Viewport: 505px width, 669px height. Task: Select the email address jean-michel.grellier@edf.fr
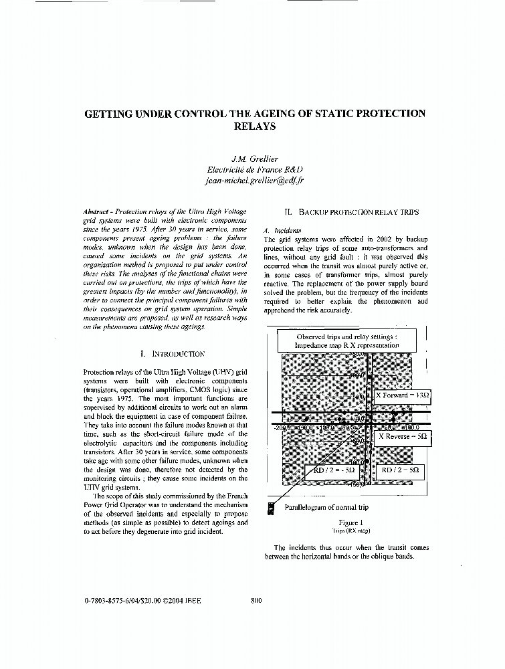coord(254,181)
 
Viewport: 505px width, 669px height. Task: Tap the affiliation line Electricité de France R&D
coord(254,170)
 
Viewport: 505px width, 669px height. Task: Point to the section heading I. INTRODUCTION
coord(173,353)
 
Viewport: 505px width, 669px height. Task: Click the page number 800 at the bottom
coord(256,600)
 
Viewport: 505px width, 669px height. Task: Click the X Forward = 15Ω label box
coord(403,395)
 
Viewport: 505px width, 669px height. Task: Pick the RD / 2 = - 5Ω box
coord(334,470)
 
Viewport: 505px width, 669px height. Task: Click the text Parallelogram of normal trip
coord(326,507)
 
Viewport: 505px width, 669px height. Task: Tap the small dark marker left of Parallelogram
coord(271,508)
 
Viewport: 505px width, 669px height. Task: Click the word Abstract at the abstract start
coord(98,210)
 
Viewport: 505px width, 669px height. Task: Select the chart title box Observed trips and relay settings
coord(347,341)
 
